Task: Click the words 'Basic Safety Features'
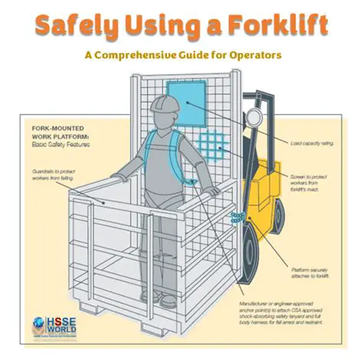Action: (59, 146)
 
